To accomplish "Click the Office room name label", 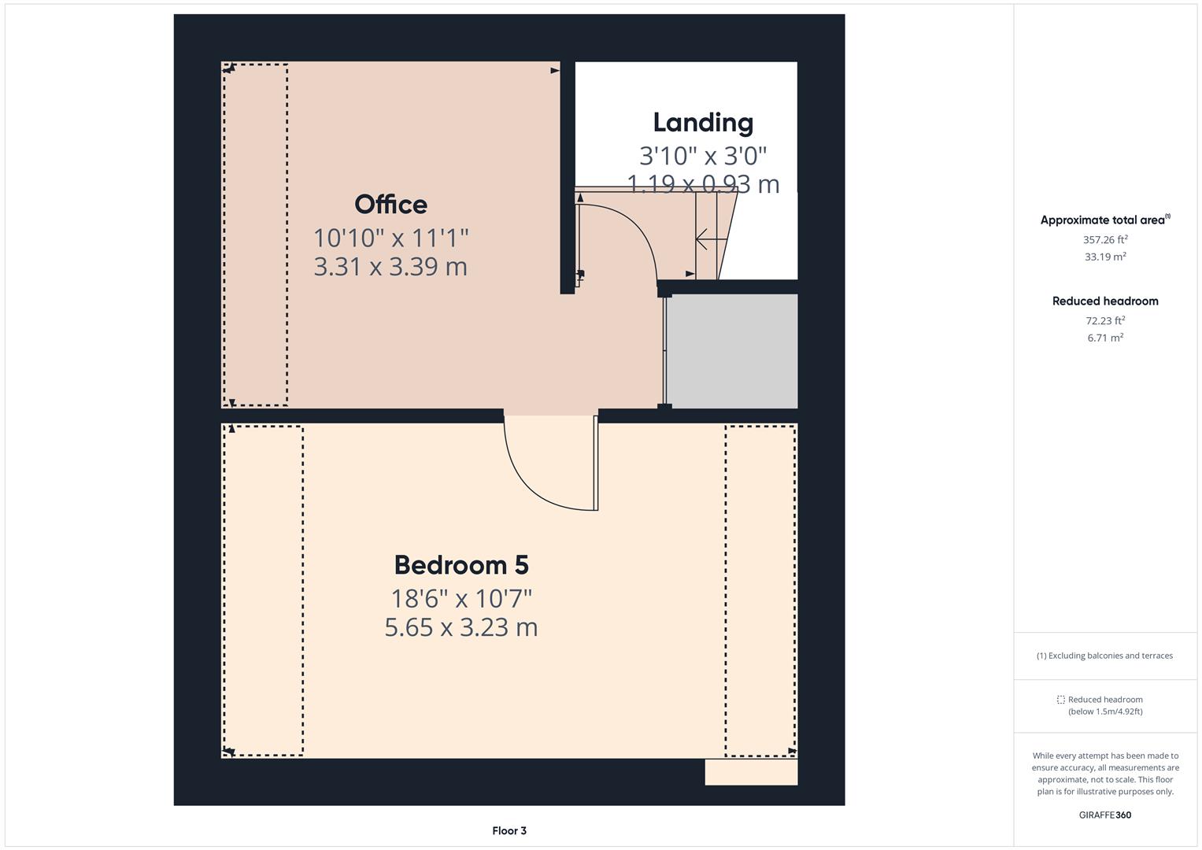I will [390, 205].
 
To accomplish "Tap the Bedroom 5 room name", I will [460, 565].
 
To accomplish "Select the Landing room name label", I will [703, 123].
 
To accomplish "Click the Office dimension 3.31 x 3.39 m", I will [390, 267].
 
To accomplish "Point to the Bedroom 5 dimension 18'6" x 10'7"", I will [460, 599].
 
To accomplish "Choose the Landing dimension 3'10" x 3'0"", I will [703, 156].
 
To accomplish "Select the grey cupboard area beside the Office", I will [732, 351].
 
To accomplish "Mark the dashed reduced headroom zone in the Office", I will [255, 235].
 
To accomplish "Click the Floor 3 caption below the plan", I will [509, 830].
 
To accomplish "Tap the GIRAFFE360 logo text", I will [1104, 815].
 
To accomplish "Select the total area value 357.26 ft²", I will [1104, 240].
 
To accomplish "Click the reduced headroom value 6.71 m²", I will [1104, 338].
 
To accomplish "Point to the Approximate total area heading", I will [1104, 220].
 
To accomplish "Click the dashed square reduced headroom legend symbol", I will [1060, 700].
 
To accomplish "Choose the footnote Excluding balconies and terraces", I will [1104, 656].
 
